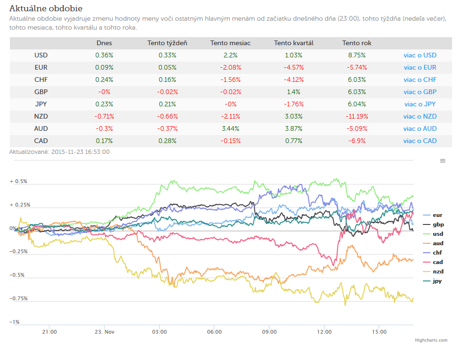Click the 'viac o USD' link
[x=420, y=55]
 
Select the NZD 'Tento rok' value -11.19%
[x=357, y=116]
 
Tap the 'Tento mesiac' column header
[x=230, y=43]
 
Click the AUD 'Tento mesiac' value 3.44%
[x=230, y=128]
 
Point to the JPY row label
[x=41, y=104]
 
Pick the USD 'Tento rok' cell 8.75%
[x=357, y=55]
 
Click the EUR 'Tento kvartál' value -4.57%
[x=293, y=67]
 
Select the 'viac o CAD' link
[x=420, y=141]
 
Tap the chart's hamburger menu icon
[x=443, y=161]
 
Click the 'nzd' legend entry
[x=433, y=272]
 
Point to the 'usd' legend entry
[x=433, y=234]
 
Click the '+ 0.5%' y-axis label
[x=18, y=181]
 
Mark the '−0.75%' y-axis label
[x=18, y=298]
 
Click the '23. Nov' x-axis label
[x=104, y=332]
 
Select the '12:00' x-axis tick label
[x=324, y=332]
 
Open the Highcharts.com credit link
[x=431, y=340]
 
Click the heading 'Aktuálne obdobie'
[x=46, y=8]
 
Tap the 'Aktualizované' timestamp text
[x=59, y=152]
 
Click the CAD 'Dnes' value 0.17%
[x=104, y=141]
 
